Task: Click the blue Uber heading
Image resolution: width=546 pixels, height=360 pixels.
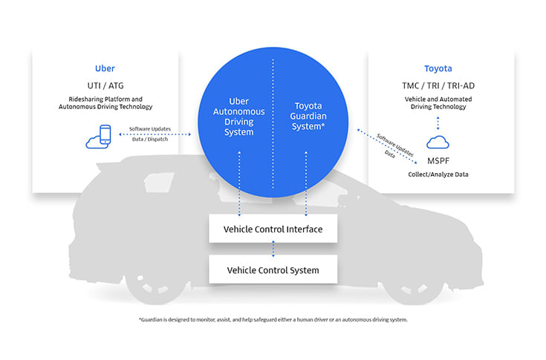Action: (105, 68)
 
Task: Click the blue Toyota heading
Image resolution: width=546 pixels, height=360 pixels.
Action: (438, 68)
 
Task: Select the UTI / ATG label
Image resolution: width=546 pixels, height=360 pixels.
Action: (105, 86)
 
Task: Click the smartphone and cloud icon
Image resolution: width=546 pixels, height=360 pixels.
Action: (99, 135)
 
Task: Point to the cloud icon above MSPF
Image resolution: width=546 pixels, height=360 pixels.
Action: (438, 141)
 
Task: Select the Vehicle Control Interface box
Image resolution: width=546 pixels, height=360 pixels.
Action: (273, 229)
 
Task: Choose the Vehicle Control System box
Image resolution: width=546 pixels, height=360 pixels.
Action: (273, 269)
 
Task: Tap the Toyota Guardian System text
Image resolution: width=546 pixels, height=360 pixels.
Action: (308, 117)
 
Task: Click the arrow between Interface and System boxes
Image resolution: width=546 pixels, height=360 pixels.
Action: (273, 249)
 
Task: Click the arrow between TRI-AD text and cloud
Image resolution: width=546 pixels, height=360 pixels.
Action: (438, 122)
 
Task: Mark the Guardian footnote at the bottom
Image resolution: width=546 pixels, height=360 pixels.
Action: (273, 319)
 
